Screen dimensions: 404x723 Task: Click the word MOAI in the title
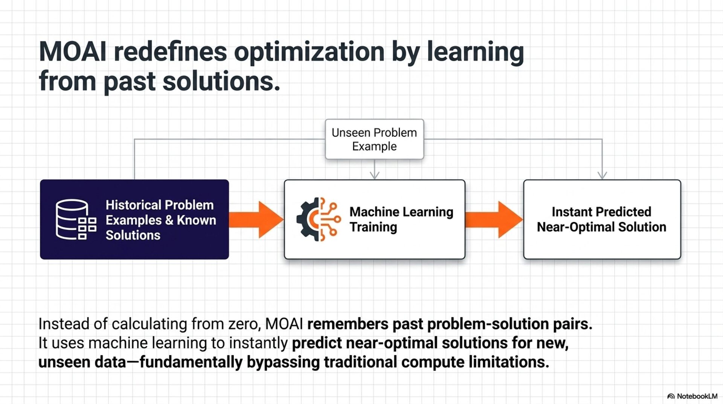point(73,52)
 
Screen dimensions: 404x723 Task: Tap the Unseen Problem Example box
point(374,139)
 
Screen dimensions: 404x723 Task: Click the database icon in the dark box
point(76,219)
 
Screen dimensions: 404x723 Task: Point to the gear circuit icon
point(318,219)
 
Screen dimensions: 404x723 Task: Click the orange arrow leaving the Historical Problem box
point(256,219)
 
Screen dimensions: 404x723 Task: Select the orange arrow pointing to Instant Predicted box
point(494,219)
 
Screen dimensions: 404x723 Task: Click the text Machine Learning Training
point(401,219)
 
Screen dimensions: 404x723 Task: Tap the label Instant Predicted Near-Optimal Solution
point(601,219)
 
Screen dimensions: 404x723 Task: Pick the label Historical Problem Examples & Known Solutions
point(160,220)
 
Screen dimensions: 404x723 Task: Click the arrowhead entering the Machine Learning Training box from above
point(374,174)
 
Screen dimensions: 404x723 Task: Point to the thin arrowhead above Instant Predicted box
point(602,174)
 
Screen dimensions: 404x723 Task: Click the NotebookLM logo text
point(697,396)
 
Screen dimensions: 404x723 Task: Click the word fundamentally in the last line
point(191,362)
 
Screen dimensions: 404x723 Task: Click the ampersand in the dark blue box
point(169,220)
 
